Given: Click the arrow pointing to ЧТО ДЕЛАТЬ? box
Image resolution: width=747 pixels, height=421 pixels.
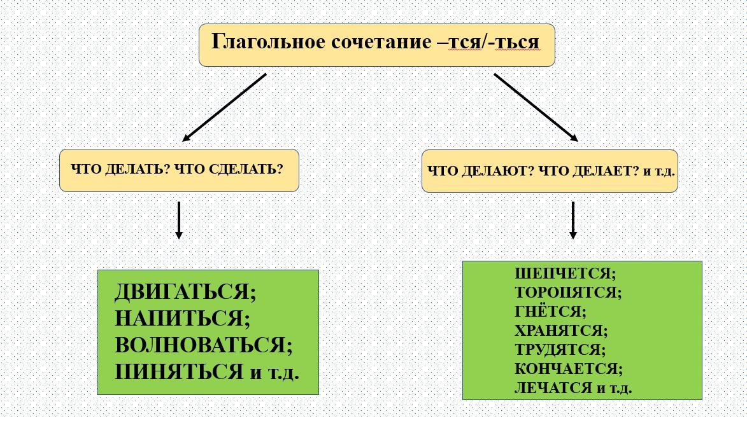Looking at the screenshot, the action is click(x=224, y=107).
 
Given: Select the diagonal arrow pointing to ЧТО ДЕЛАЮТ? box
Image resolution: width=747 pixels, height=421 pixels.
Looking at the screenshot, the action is click(x=536, y=107).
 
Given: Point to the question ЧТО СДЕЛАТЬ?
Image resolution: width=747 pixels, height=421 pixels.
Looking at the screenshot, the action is click(x=229, y=169).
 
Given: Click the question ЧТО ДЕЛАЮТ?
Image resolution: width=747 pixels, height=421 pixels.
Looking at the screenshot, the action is click(x=480, y=171).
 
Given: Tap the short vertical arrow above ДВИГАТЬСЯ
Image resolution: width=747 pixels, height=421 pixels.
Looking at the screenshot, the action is click(x=179, y=220).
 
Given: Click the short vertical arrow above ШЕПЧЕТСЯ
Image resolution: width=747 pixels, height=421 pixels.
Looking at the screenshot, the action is click(x=573, y=220).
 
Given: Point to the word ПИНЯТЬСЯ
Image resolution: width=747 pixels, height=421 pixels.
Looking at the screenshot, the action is click(x=179, y=371).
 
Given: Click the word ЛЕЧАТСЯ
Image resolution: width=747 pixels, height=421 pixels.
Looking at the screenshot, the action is click(x=553, y=388).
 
